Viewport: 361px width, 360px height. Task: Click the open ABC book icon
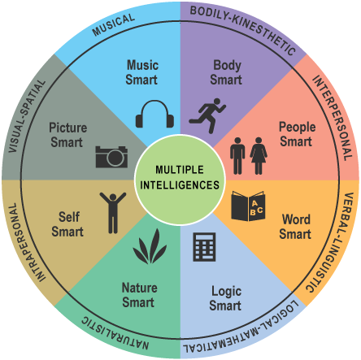tap(247, 206)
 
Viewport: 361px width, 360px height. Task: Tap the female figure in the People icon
tap(259, 154)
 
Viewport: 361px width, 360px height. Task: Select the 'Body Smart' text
tap(226, 72)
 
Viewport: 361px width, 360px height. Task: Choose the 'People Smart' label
tap(297, 135)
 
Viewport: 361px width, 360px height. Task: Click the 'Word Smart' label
tap(296, 227)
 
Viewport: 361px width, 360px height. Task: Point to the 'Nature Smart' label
tap(139, 295)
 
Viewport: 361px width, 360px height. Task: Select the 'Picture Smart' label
tap(67, 135)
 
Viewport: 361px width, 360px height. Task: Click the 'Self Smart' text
tap(67, 224)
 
